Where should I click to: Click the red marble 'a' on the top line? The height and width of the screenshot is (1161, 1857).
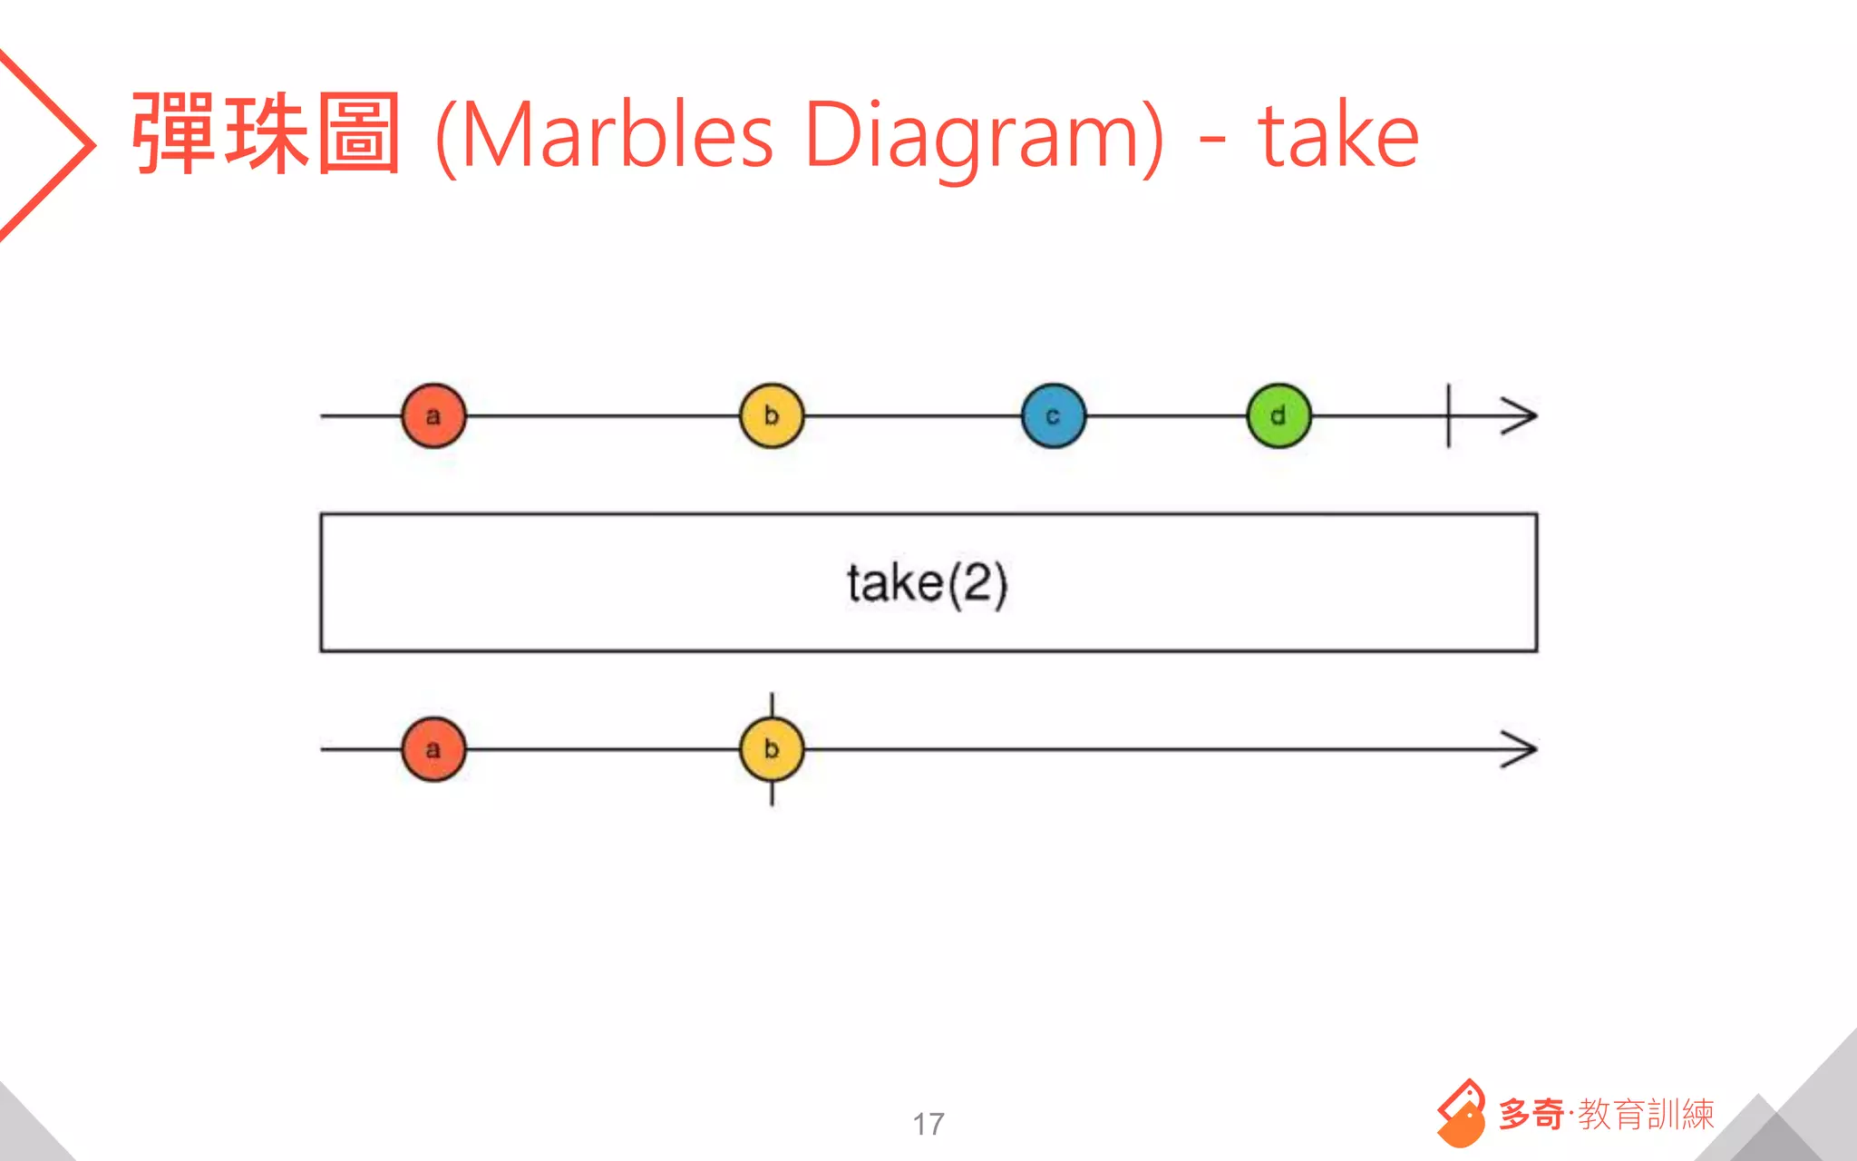coord(433,416)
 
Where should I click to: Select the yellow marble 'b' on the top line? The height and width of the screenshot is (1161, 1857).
coord(772,416)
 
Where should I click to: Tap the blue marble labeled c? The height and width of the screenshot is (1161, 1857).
coord(1053,416)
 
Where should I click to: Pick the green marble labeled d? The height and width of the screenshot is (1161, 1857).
coord(1279,416)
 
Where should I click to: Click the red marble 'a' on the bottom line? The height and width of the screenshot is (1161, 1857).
coord(433,749)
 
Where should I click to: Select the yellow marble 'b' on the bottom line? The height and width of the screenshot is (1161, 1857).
coord(772,749)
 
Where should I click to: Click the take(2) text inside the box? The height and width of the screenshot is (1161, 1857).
coord(927,582)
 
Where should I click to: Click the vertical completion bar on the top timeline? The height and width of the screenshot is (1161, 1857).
coord(1448,416)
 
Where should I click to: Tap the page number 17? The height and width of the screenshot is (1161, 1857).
coord(928,1124)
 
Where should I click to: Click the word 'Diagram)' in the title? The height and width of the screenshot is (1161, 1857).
coord(984,136)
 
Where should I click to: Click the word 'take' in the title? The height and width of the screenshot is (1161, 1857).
coord(1338,136)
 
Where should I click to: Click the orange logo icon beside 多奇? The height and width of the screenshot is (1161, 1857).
coord(1461,1113)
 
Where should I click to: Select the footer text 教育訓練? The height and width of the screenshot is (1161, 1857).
coord(1646,1114)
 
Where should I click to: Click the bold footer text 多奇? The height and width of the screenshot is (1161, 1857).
coord(1531,1114)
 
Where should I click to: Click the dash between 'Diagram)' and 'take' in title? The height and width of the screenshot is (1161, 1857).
coord(1211,141)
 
